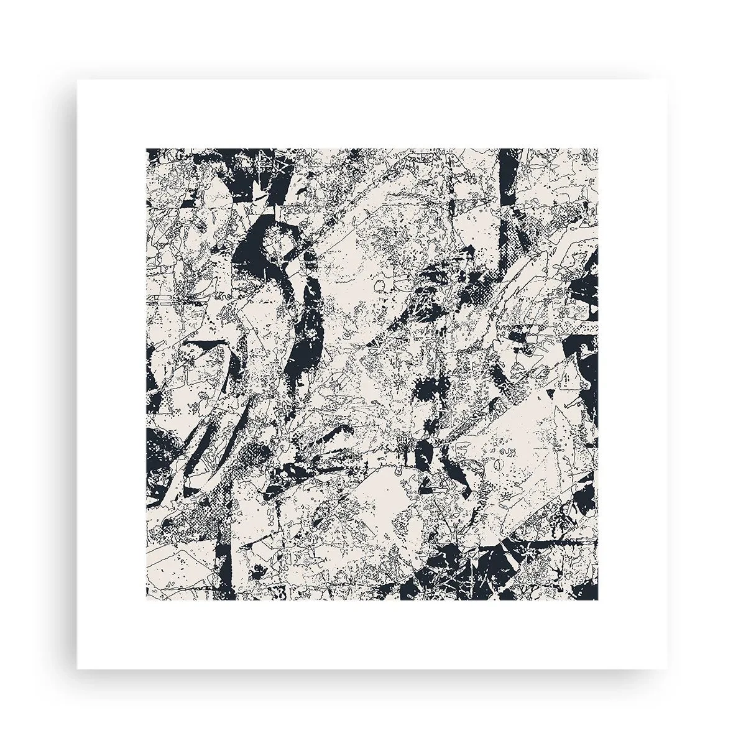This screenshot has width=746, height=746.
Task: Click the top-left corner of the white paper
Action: [77, 80]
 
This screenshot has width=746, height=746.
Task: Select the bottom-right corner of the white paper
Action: [669, 669]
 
